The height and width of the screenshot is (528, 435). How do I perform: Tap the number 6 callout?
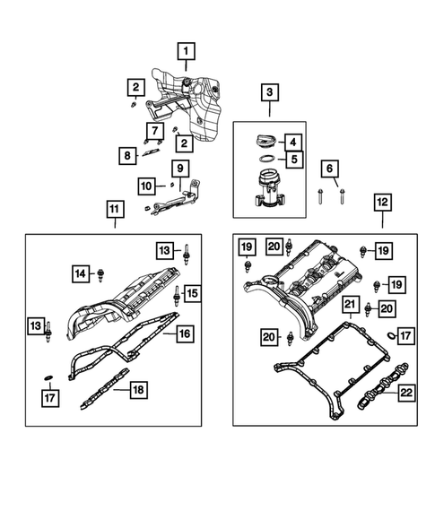point(329,168)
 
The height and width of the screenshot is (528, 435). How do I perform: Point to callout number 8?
point(130,155)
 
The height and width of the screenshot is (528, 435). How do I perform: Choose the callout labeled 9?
point(179,168)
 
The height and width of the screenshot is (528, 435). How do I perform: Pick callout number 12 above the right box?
point(383,203)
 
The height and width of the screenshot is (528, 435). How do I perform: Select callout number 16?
point(184,334)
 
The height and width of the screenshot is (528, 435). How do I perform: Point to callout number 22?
point(406,392)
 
